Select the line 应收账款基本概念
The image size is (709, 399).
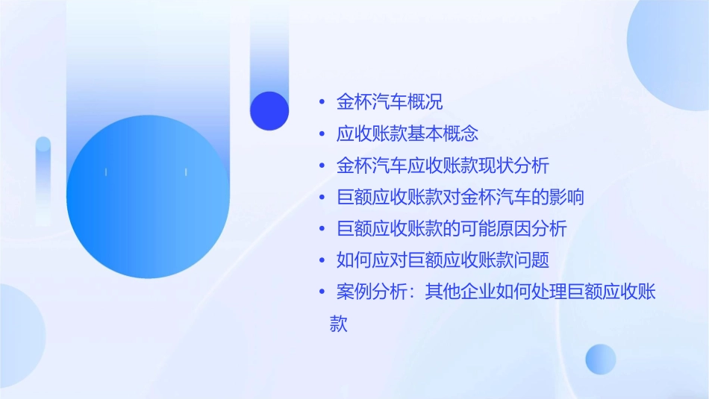coord(407,134)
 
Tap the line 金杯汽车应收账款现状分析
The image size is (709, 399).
coord(443,166)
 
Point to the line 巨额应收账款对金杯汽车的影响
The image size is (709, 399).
coord(460,198)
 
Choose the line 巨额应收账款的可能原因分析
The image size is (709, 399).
coord(452,229)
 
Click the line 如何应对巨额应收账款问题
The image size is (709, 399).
coord(443,260)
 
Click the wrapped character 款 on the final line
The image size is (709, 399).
coord(339,324)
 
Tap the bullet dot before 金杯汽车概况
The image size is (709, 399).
coord(322,103)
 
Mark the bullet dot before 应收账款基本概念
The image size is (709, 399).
coord(322,135)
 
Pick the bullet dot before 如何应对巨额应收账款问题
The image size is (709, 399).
coord(322,261)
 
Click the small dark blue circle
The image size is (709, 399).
coord(269,110)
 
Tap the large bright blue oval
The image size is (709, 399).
coord(147,198)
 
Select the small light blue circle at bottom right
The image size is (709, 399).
coord(601,359)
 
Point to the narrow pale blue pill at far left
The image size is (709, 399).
coord(43,179)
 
